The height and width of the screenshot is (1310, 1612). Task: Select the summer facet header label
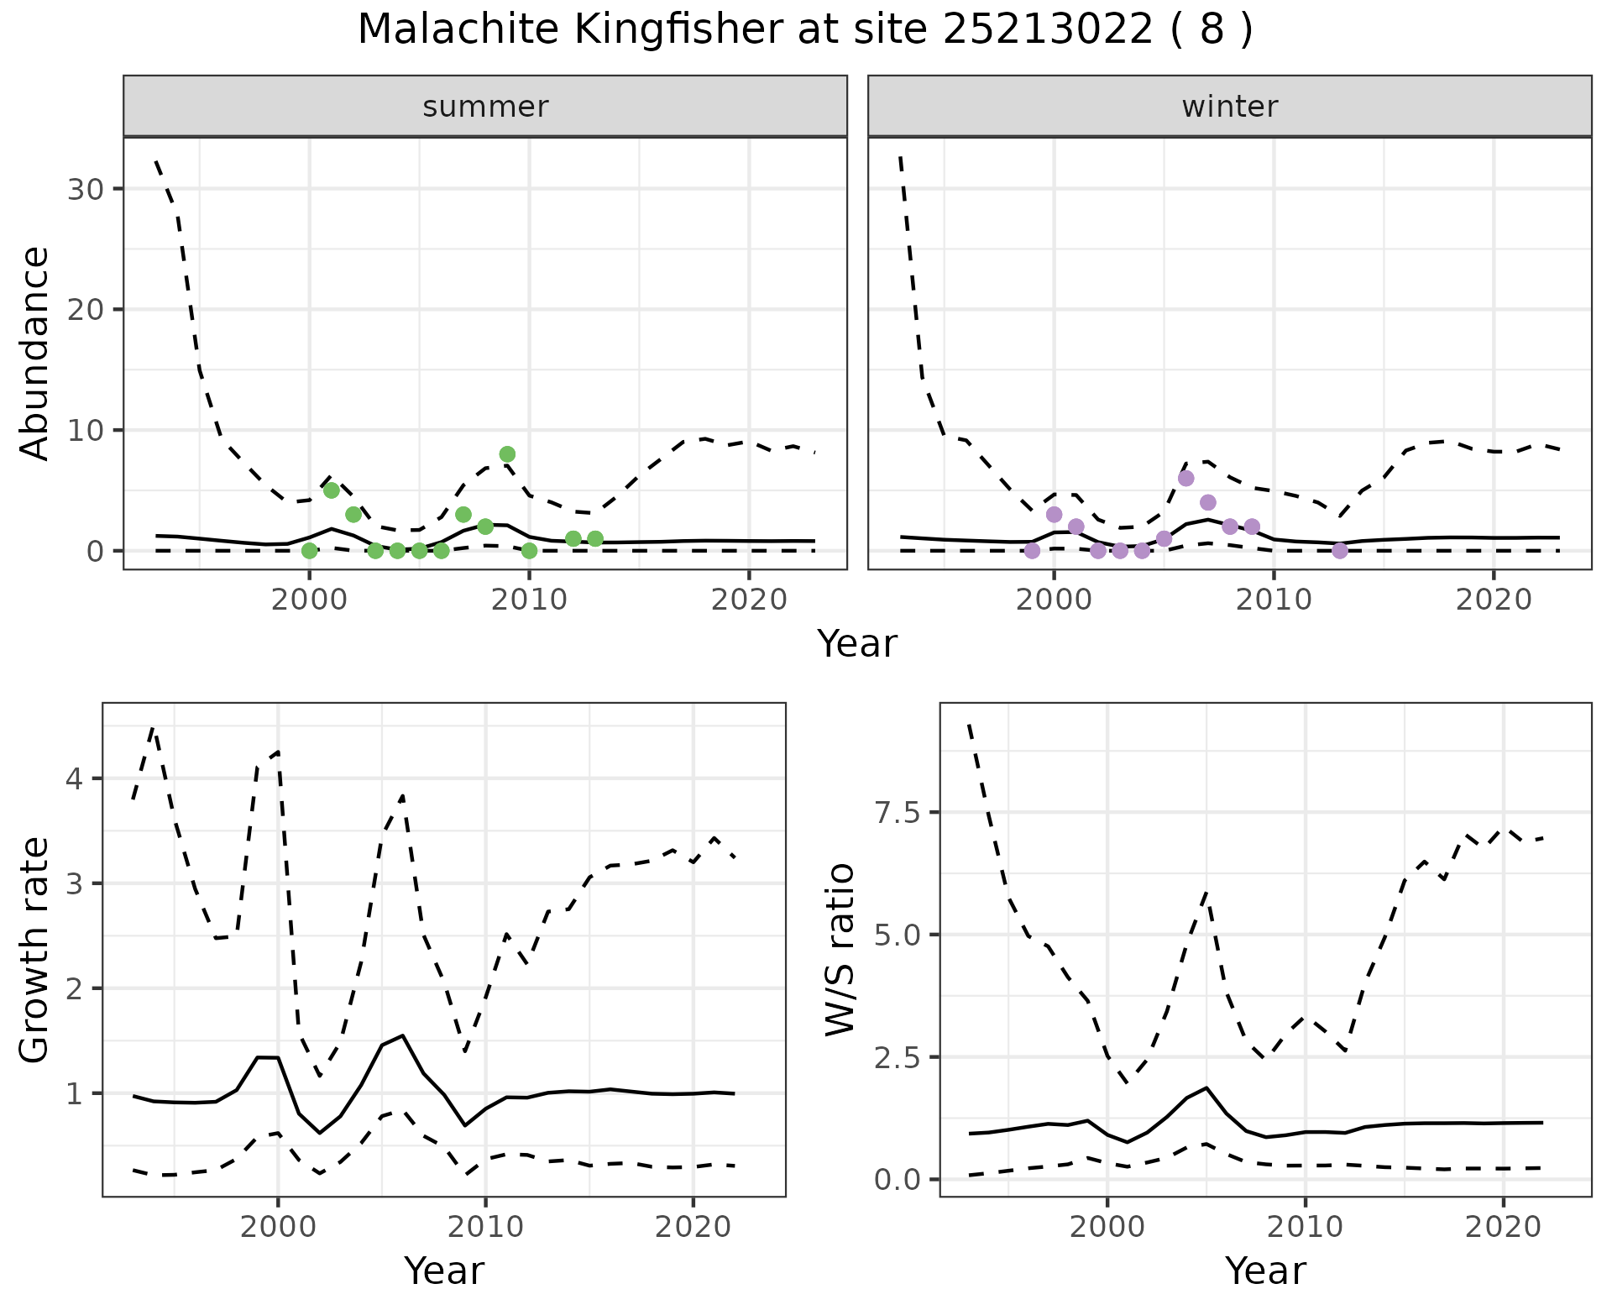[485, 107]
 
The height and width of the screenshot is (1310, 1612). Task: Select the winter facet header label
[1229, 107]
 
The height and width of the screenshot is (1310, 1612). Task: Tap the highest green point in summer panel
[507, 454]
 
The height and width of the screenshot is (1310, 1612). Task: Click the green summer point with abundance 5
[332, 490]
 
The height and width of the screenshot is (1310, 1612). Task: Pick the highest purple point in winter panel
[1185, 479]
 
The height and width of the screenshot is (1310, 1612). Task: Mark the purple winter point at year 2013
[1340, 551]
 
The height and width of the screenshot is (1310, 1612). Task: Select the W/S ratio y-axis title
[840, 949]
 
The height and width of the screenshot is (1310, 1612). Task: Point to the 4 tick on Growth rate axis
[84, 778]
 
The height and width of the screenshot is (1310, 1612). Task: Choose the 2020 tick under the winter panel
[1493, 600]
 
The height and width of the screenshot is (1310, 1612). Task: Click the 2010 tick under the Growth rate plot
[484, 1227]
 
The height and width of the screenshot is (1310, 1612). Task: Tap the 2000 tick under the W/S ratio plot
[1107, 1227]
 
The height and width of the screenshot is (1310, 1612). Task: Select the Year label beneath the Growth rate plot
[444, 1271]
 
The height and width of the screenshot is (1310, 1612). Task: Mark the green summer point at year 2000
[309, 551]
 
